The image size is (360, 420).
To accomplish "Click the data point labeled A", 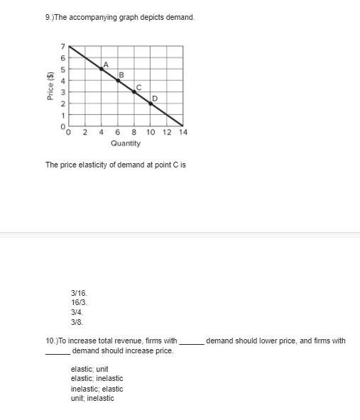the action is point(101,69).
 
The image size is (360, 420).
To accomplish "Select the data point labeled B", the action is point(118,80).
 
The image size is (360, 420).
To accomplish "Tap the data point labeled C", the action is point(134,92).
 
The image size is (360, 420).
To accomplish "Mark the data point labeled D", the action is point(151,103).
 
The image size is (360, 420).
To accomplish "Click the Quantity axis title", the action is point(126,143).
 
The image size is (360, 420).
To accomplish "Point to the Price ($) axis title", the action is point(50,86).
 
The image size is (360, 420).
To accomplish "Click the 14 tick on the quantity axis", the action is point(183,132).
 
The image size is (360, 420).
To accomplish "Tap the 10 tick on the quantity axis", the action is point(151,132).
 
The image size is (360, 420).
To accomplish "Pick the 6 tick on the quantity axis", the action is point(118,132).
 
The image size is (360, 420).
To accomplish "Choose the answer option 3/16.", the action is point(79,292).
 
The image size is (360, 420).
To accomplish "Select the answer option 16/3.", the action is point(79,302).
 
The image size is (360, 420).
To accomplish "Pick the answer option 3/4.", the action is point(77,311).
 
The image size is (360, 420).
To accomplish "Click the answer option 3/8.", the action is point(77,321).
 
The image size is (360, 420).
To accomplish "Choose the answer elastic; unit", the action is point(89,369).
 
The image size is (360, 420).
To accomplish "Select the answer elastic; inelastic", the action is point(97,379).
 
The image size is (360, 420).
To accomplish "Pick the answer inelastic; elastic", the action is point(97,389).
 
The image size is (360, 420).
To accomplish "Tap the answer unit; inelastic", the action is point(92,398).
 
